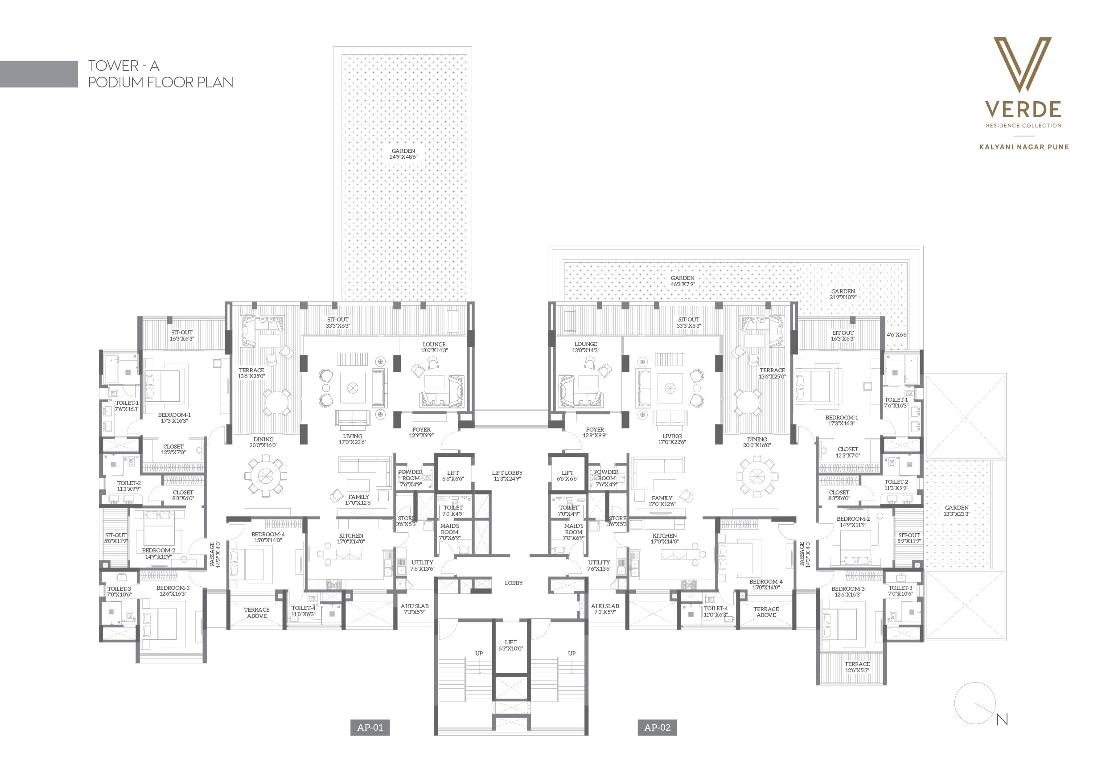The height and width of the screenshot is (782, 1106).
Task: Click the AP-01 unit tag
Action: (x=370, y=728)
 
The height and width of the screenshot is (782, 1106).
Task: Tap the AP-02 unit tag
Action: (x=657, y=728)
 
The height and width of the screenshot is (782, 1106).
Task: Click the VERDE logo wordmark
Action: (x=1023, y=109)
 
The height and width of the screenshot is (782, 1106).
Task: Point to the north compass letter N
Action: (x=1002, y=720)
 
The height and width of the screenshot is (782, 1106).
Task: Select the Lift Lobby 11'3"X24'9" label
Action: (x=507, y=476)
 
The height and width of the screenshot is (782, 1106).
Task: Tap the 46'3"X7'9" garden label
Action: (x=683, y=281)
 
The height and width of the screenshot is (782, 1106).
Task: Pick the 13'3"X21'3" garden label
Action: (x=957, y=511)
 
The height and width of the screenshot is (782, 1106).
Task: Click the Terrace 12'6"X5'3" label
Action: (x=857, y=667)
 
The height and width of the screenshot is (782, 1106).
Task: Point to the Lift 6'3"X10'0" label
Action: (x=510, y=645)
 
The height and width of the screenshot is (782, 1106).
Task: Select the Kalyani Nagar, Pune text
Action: (x=1024, y=147)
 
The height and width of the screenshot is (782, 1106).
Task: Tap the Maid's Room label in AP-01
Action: (x=450, y=529)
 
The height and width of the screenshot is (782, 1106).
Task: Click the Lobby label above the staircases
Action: (x=514, y=583)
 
